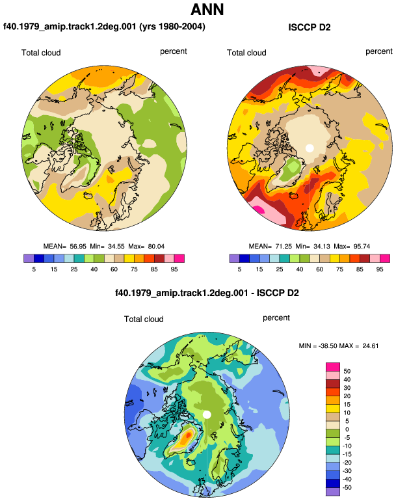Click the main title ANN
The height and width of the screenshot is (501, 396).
point(207,9)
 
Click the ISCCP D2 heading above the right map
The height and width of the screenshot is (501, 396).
point(309,27)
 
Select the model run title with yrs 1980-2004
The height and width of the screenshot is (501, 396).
point(104,27)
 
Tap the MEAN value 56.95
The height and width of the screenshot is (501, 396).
point(78,247)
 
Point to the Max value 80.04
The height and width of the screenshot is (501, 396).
point(157,247)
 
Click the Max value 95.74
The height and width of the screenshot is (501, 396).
point(362,247)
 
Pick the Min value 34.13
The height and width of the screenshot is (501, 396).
point(322,247)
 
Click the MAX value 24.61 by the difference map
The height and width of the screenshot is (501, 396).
point(371,345)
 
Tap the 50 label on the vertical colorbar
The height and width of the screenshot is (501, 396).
point(347,372)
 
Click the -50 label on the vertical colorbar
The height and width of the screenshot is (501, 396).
point(347,487)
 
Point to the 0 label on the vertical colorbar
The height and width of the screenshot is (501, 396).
point(347,429)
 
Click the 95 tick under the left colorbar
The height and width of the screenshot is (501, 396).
point(174,269)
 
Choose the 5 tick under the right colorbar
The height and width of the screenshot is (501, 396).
point(239,269)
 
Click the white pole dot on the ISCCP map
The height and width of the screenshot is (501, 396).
point(310,148)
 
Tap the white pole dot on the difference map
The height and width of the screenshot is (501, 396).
point(207,414)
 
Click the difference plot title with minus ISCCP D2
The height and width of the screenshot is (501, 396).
point(207,293)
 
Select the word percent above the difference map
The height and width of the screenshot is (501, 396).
point(276,318)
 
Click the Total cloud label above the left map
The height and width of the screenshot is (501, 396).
point(41,53)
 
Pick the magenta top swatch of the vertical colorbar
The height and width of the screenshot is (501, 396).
point(333,367)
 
